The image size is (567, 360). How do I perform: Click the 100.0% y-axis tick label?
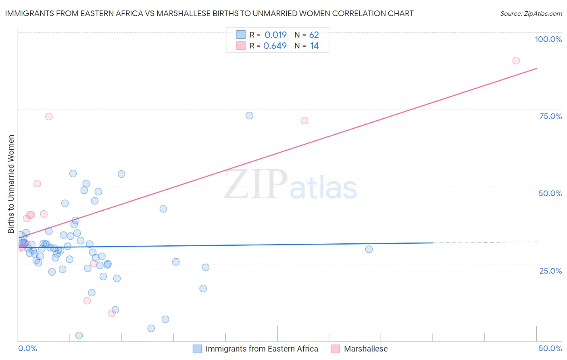tap(548, 39)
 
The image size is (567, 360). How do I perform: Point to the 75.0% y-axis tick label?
tap(550, 116)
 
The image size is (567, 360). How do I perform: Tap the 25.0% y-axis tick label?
tap(550, 270)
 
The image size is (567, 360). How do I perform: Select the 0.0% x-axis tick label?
tap(27, 348)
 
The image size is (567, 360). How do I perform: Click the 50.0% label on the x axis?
tap(550, 348)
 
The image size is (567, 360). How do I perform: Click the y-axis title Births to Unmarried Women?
tap(11, 184)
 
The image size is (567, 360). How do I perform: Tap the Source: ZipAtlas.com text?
tap(531, 14)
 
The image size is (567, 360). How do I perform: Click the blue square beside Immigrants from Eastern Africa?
tap(197, 349)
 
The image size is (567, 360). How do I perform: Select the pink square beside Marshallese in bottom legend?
tap(335, 349)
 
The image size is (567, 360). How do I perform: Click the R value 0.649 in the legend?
tap(275, 46)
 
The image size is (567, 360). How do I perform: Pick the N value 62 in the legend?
tap(314, 35)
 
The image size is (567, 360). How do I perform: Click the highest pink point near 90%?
tap(516, 61)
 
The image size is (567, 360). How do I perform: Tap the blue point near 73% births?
tap(249, 115)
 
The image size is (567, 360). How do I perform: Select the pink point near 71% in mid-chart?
tap(304, 121)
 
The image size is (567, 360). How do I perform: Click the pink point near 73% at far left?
tap(49, 117)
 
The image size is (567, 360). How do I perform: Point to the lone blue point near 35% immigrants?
tap(369, 249)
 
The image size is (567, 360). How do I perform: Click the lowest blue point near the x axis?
tap(79, 335)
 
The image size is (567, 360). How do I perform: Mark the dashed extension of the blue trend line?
tap(484, 242)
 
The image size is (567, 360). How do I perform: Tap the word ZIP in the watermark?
tap(256, 185)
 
